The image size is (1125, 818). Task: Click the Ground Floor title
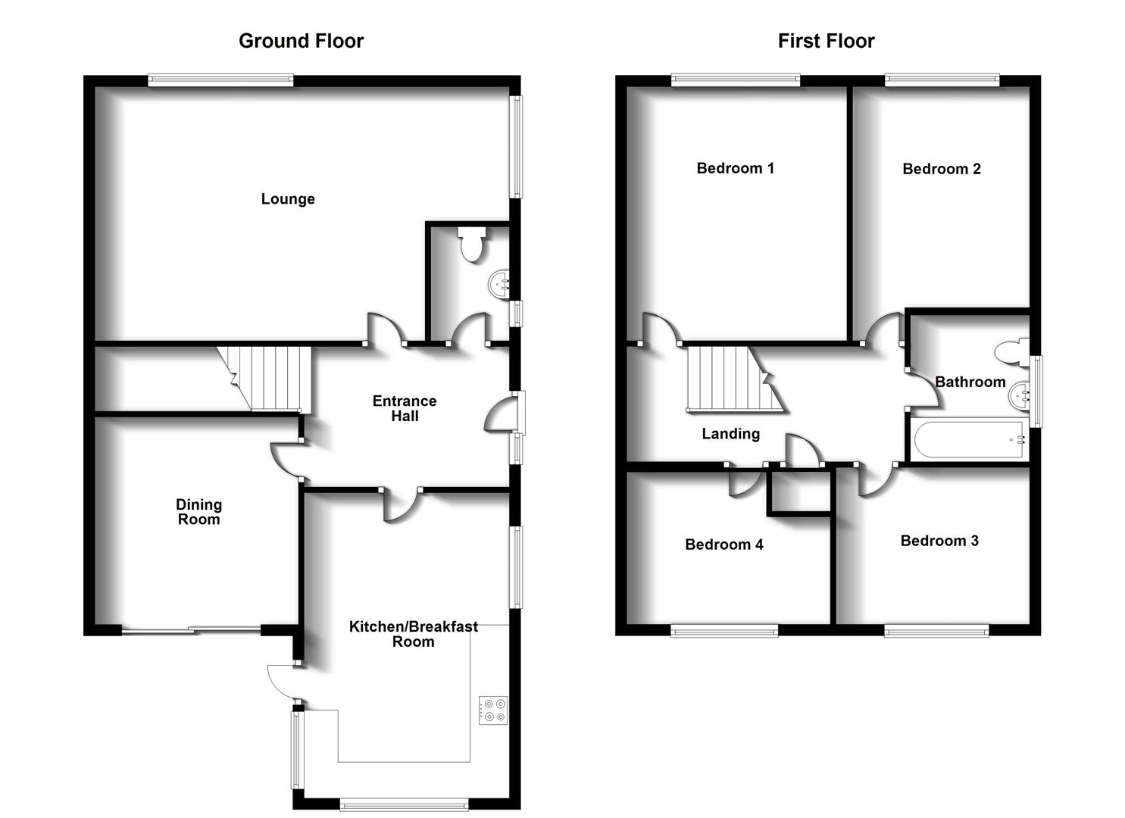tap(301, 41)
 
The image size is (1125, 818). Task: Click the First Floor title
tap(826, 41)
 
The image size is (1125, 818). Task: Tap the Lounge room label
tap(288, 199)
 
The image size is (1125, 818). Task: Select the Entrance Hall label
tap(405, 409)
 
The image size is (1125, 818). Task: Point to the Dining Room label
tap(198, 512)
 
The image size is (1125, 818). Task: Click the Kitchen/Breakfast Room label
tap(413, 634)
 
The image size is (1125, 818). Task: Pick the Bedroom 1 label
tap(735, 168)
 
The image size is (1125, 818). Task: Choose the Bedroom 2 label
tap(941, 169)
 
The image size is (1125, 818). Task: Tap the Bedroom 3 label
tap(939, 541)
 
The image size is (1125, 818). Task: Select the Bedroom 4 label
tap(723, 545)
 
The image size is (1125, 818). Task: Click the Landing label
tap(730, 434)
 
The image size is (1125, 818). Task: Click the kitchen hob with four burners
tap(493, 710)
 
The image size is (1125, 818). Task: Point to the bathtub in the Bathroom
tap(969, 439)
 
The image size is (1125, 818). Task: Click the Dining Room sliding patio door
tap(191, 629)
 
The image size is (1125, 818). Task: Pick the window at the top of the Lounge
tap(220, 80)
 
